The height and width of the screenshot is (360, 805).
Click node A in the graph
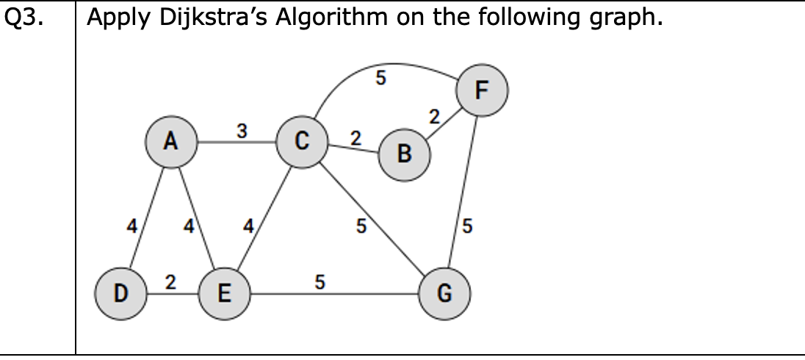(x=171, y=143)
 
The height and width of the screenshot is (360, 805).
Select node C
(x=302, y=143)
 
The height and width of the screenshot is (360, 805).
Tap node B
(x=404, y=154)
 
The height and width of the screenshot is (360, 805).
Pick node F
(x=481, y=90)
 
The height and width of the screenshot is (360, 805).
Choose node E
(x=224, y=295)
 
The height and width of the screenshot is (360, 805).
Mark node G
(x=443, y=295)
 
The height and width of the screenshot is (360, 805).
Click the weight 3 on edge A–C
(x=242, y=131)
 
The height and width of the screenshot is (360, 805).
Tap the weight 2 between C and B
(x=356, y=137)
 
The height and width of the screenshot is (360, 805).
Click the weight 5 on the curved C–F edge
(x=380, y=78)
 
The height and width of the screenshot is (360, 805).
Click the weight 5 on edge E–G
(x=320, y=281)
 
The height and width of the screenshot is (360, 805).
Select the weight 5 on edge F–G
(x=469, y=227)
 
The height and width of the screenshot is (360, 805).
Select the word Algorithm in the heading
(x=331, y=18)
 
